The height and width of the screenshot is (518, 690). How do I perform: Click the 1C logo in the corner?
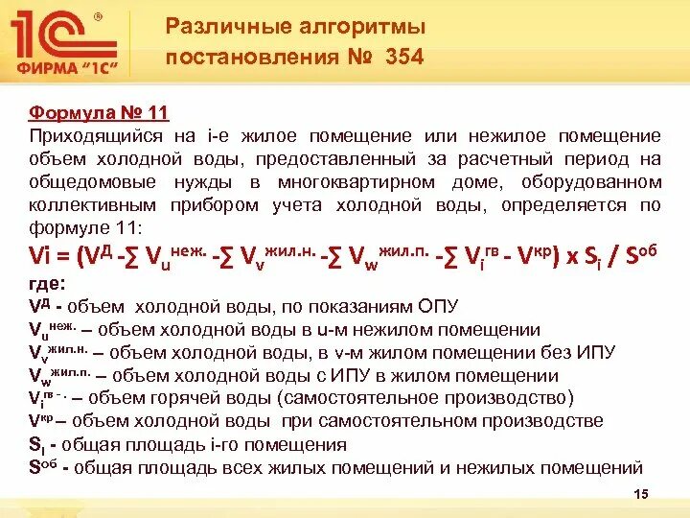[65, 35]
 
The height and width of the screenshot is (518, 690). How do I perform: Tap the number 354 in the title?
[403, 58]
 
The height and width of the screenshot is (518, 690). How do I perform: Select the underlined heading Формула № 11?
[98, 113]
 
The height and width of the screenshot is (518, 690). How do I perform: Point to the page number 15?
[642, 492]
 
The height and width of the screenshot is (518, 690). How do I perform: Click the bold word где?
[46, 284]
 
